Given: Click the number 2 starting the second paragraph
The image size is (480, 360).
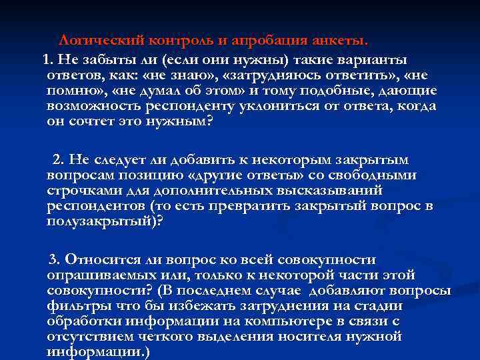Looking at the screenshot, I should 57,160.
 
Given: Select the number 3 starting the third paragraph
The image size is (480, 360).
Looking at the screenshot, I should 55,259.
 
